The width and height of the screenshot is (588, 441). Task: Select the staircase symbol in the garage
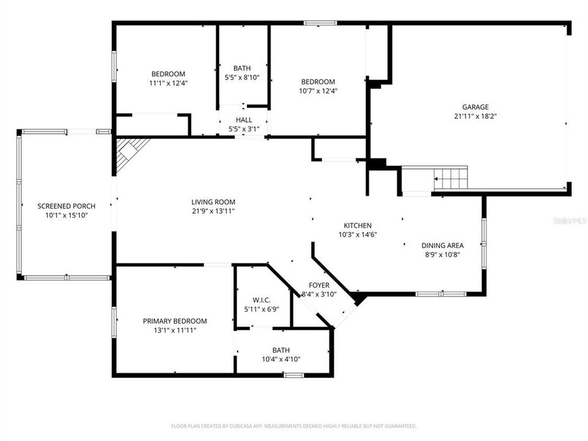point(450,178)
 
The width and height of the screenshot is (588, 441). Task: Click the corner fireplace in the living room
point(129,149)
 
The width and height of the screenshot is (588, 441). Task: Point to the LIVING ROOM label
point(213,202)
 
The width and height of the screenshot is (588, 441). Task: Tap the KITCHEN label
point(357,225)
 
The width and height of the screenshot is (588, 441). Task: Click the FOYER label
point(318,285)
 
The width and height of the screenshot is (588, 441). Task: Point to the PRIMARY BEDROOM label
point(175,321)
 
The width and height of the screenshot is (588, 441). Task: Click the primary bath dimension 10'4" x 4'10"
point(282,360)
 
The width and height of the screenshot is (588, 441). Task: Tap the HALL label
point(244,120)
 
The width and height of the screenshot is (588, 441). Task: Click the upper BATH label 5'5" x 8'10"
point(242,68)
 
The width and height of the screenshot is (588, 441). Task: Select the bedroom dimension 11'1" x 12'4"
point(168,83)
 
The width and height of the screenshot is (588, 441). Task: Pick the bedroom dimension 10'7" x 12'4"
point(318,91)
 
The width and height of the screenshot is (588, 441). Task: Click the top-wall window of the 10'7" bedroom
point(320,23)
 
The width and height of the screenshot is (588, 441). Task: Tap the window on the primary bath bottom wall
point(293,374)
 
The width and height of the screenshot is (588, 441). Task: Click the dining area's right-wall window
point(483,244)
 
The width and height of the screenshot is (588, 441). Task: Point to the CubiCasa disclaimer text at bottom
point(294,426)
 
